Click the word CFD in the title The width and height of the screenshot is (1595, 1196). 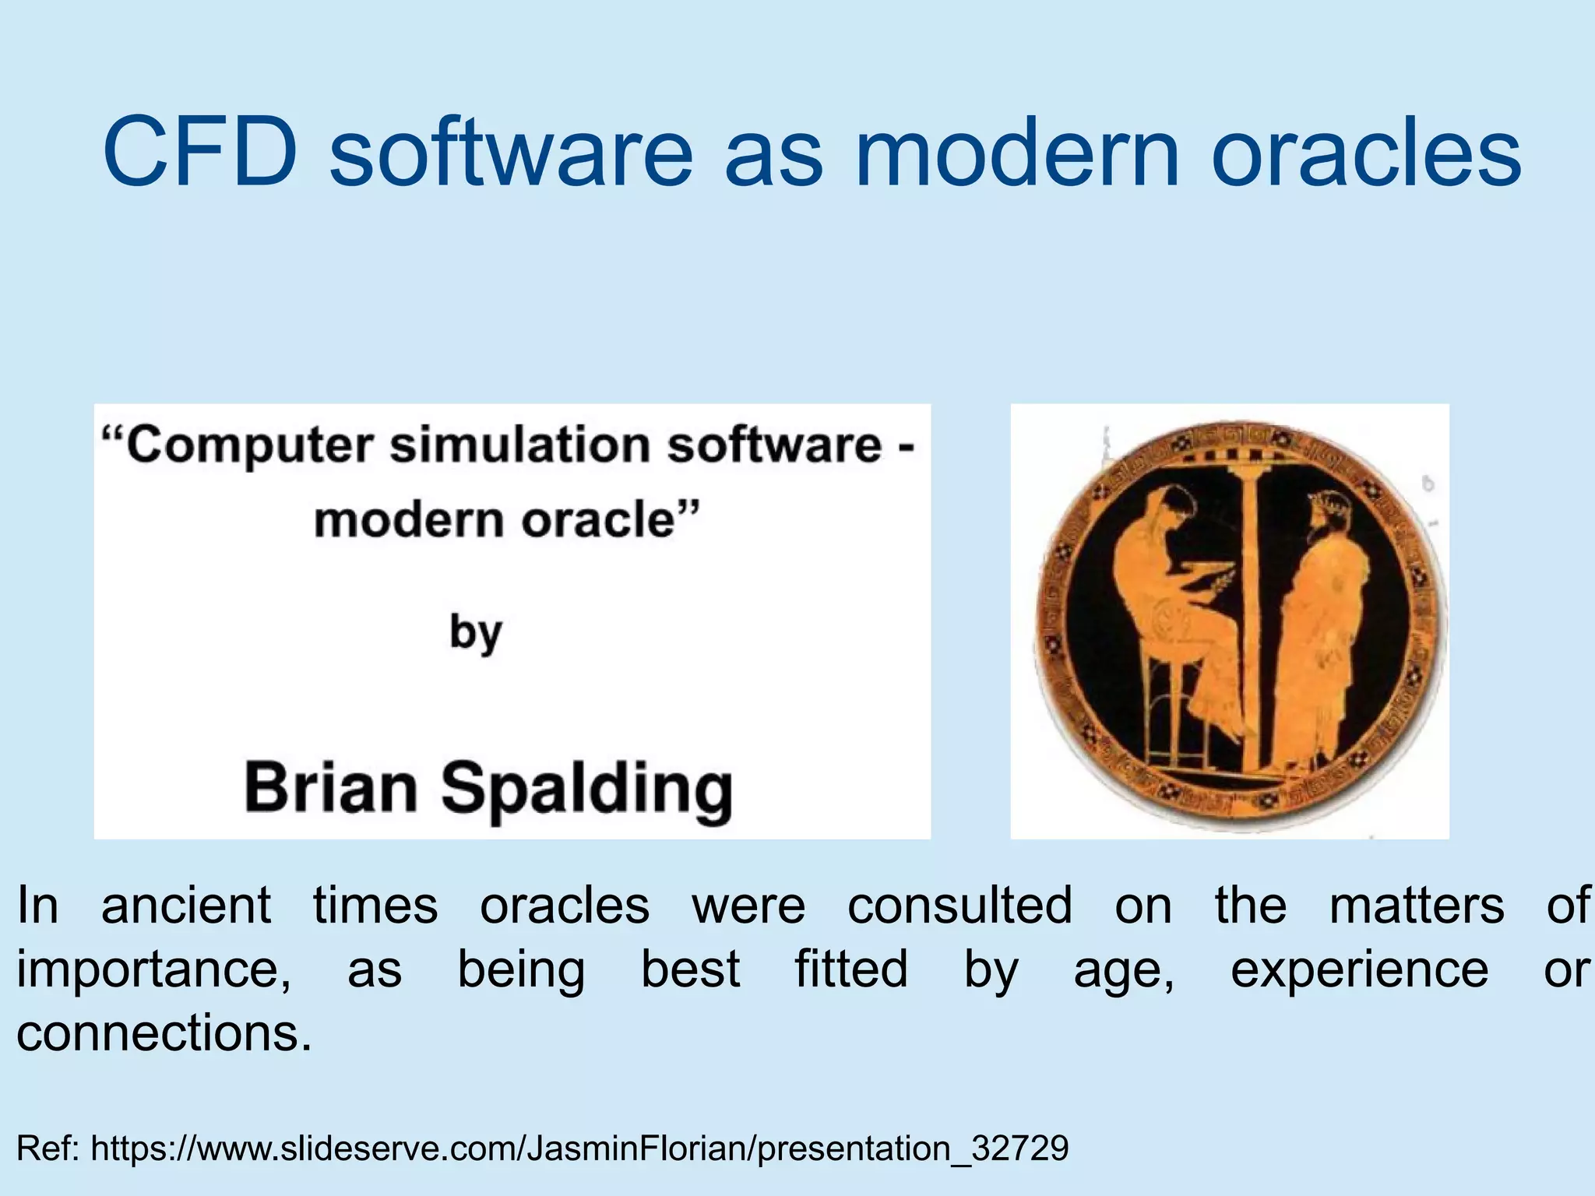200,152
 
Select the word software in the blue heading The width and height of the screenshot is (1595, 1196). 510,152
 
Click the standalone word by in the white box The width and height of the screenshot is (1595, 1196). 476,633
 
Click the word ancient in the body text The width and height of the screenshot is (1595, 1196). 186,906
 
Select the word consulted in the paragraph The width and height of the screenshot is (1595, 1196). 959,906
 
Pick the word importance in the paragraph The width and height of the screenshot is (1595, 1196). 153,970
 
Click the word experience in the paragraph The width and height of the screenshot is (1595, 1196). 1359,970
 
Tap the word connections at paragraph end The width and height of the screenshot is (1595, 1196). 164,1034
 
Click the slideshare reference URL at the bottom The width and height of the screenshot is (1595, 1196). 579,1149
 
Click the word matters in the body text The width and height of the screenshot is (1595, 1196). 1417,906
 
